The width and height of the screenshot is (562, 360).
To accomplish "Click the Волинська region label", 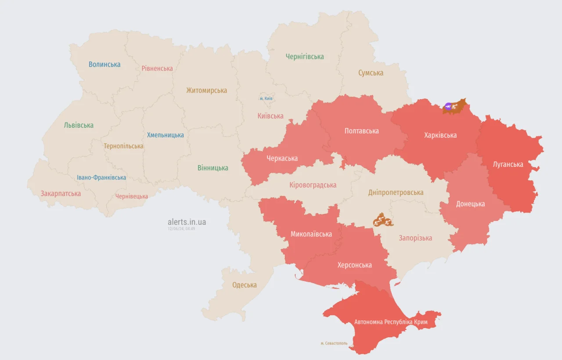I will (x=104, y=65).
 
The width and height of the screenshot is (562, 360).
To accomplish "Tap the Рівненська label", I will (x=157, y=68).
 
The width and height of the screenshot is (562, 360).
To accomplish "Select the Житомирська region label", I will (x=206, y=90).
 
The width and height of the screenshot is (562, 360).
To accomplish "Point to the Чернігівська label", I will (x=305, y=57).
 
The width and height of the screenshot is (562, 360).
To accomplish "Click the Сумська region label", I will (x=371, y=73).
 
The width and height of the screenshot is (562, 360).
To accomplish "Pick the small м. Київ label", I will (x=266, y=98).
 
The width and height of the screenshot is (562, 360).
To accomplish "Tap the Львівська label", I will (x=79, y=125).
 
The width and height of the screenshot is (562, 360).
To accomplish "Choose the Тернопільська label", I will (x=123, y=146).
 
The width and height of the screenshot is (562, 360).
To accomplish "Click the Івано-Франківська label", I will (x=101, y=178).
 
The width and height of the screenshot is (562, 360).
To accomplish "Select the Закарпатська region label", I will (x=61, y=194).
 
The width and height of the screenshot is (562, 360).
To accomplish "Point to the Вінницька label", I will (x=213, y=168).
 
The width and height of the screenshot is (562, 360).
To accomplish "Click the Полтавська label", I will (x=361, y=131).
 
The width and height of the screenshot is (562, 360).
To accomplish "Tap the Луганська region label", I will (x=508, y=164).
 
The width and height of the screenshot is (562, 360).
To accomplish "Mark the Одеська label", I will (x=244, y=285).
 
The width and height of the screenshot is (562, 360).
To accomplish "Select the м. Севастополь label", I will (x=334, y=343).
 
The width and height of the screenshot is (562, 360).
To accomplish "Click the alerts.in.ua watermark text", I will (x=187, y=222).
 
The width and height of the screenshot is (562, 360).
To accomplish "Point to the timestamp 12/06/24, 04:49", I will (x=181, y=229).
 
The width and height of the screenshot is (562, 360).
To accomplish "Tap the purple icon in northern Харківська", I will (x=448, y=106).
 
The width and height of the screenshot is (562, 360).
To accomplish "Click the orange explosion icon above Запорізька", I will (x=382, y=220).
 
